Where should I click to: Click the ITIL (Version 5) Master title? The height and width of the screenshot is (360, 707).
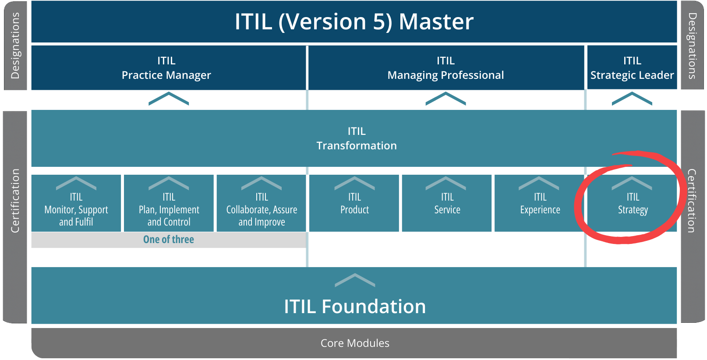tap(354, 21)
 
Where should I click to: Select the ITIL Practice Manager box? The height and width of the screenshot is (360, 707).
tap(166, 68)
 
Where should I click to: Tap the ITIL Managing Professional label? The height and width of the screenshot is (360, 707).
tap(445, 68)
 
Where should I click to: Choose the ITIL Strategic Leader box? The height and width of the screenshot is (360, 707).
tap(632, 68)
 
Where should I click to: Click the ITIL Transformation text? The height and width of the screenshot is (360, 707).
tap(356, 138)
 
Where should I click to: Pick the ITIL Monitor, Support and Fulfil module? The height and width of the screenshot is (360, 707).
tap(76, 209)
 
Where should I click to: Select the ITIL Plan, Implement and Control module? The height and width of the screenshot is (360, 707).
tap(169, 209)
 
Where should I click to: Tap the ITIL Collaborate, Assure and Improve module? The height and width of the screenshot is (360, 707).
tap(262, 209)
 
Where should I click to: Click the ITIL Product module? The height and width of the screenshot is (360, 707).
tap(354, 204)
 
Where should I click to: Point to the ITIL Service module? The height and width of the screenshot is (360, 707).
tap(447, 204)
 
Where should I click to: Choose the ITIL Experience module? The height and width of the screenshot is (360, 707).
tap(540, 204)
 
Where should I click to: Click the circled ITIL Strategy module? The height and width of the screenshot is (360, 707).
tap(633, 204)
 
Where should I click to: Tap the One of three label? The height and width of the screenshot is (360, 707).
tap(169, 240)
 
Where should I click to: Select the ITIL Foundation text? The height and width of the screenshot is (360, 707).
tap(355, 307)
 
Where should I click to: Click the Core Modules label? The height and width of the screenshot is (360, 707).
tap(355, 343)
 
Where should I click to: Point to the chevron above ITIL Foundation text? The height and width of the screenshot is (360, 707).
tap(355, 280)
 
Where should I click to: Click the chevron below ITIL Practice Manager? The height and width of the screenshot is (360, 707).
tap(169, 99)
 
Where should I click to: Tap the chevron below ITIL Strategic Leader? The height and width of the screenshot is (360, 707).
tap(632, 99)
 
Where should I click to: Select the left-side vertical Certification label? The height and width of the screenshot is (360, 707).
tap(15, 201)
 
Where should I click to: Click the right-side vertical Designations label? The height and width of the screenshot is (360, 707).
tap(692, 46)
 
